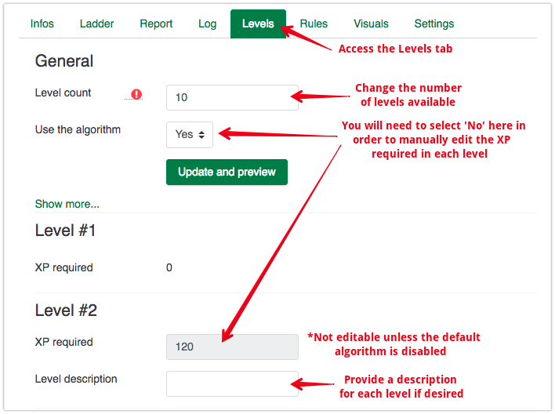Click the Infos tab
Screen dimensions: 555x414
tap(42, 24)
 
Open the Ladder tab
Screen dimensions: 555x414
tap(96, 24)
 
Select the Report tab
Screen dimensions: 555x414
tap(156, 24)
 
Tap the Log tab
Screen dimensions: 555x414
tap(208, 24)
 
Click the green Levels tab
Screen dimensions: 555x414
tap(258, 24)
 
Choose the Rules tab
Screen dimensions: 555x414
tap(314, 24)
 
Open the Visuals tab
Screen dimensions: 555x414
tap(371, 24)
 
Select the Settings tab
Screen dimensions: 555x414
tap(434, 24)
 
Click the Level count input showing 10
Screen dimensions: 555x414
tap(232, 97)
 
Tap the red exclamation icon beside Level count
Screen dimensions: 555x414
tap(136, 94)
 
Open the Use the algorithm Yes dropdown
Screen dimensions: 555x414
tap(190, 135)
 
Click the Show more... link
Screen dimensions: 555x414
tap(67, 204)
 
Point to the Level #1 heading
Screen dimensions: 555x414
tap(65, 231)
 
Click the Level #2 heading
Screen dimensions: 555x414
tap(66, 310)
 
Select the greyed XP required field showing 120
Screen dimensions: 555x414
tap(232, 347)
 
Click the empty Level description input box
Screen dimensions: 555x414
tap(232, 383)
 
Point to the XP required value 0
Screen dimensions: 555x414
tap(169, 267)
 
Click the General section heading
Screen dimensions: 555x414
tap(64, 61)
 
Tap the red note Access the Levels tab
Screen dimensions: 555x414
tap(395, 49)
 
